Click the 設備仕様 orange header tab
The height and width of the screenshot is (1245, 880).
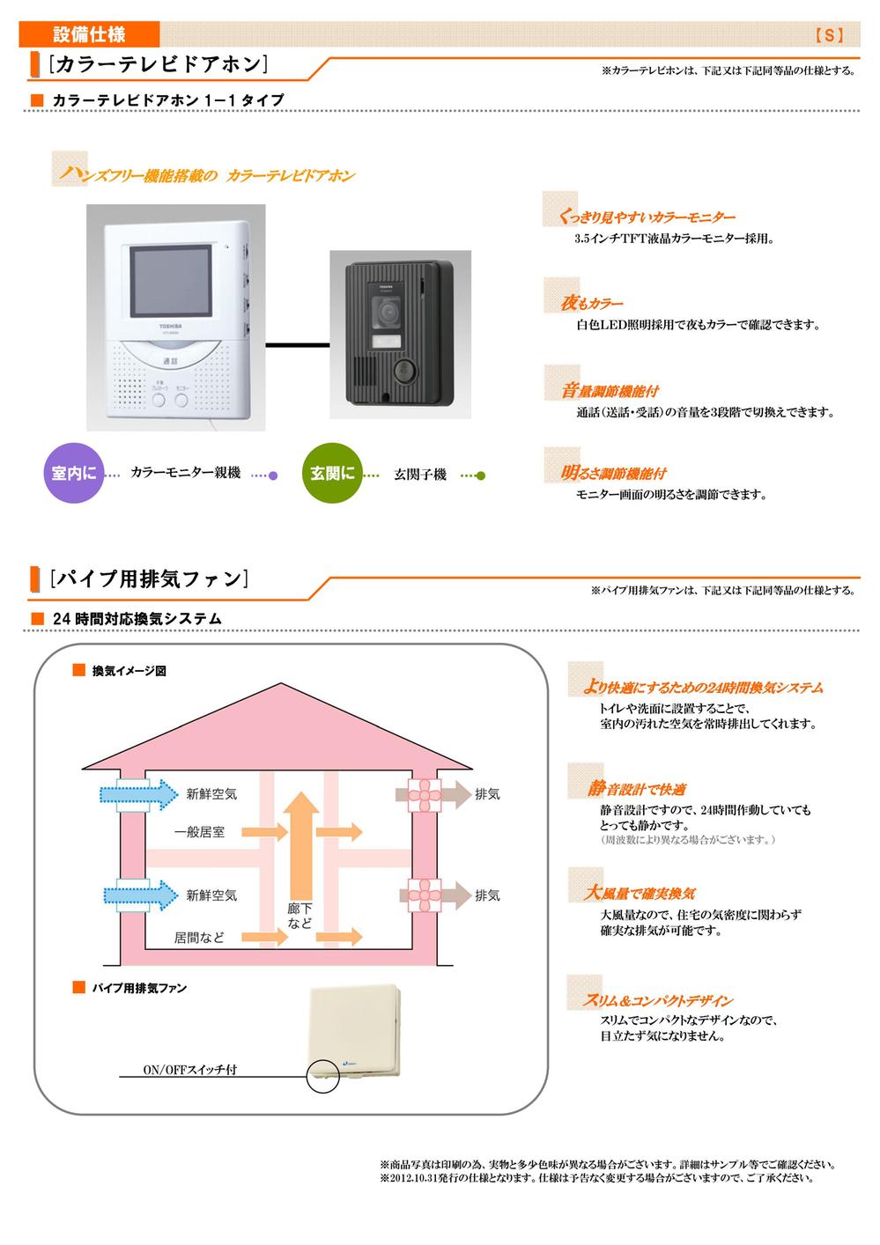[x=89, y=34]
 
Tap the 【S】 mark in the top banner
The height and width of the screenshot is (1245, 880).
[x=829, y=35]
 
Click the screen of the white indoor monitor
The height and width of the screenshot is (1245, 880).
[x=171, y=281]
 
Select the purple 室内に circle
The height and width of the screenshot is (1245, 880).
[x=73, y=473]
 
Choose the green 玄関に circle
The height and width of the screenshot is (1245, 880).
[x=331, y=473]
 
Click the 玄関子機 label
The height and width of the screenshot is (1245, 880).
[x=420, y=475]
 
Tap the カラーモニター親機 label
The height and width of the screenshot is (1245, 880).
[x=185, y=473]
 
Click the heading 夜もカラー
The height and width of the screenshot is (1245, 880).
[x=592, y=303]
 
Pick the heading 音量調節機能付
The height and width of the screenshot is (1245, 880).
[x=610, y=390]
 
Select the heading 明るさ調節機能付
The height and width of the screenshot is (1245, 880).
[x=613, y=473]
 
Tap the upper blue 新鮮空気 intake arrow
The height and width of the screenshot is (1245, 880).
[x=139, y=794]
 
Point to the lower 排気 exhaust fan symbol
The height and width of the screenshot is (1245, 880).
[x=425, y=895]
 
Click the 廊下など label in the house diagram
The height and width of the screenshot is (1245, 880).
[x=299, y=916]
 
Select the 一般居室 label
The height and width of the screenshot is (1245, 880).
[x=199, y=832]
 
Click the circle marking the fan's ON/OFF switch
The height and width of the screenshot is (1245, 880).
[x=322, y=1076]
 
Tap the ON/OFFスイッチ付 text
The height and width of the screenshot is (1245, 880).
[x=190, y=1070]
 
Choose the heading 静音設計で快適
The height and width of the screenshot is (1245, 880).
[x=637, y=789]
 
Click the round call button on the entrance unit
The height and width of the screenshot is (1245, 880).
[x=403, y=372]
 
